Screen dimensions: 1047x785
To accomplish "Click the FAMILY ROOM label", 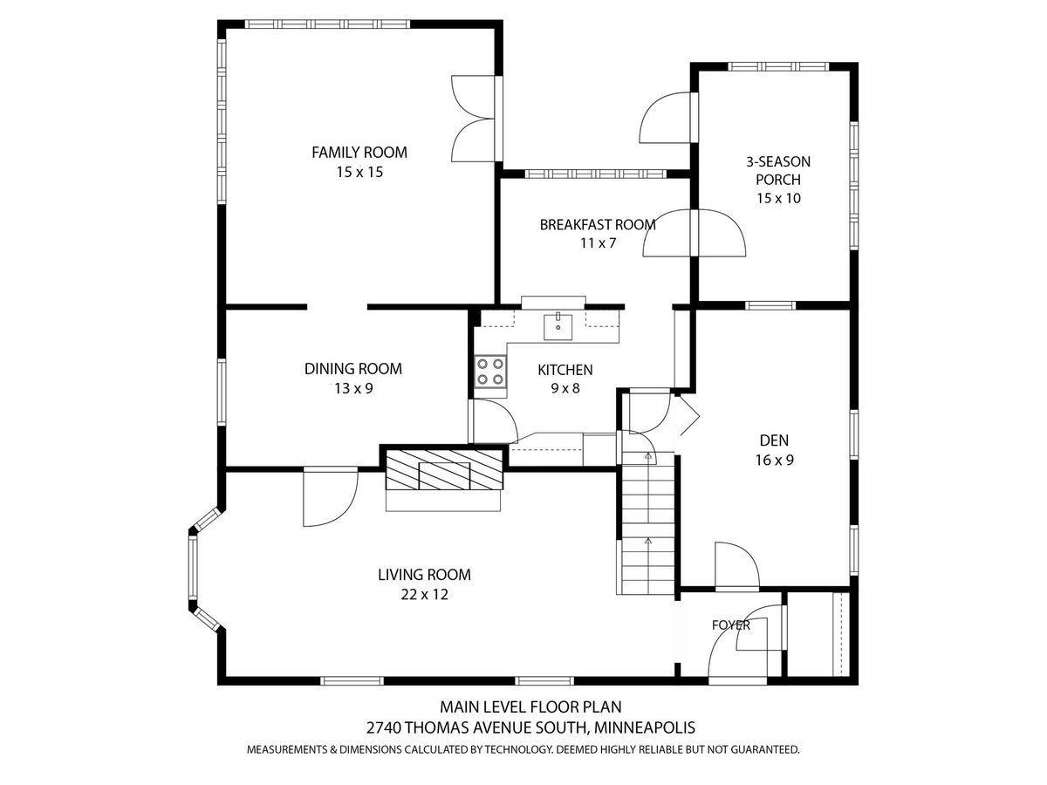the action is tap(359, 153).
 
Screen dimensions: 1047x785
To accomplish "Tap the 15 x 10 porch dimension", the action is tap(778, 198).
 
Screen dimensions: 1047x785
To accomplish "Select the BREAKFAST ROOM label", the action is tap(597, 224).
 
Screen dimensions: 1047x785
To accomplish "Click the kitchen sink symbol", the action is tap(558, 326).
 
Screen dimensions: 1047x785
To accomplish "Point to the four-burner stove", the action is tap(490, 372).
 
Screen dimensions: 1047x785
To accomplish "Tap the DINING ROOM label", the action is tap(353, 369).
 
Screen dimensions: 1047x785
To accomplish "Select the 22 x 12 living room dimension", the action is tap(425, 594).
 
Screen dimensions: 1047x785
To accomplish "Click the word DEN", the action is tap(774, 440).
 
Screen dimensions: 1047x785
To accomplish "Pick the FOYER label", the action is tap(731, 625).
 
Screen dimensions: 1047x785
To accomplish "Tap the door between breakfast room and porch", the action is tap(695, 233).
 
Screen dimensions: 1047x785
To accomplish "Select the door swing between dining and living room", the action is tap(331, 496).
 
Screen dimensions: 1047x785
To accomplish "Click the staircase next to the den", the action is tap(647, 523).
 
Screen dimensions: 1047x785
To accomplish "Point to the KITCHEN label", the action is tap(565, 370).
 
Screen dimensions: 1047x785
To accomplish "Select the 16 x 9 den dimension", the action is tap(774, 460).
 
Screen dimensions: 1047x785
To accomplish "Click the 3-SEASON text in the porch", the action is tap(778, 162).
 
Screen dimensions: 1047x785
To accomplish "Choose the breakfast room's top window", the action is tap(596, 174).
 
